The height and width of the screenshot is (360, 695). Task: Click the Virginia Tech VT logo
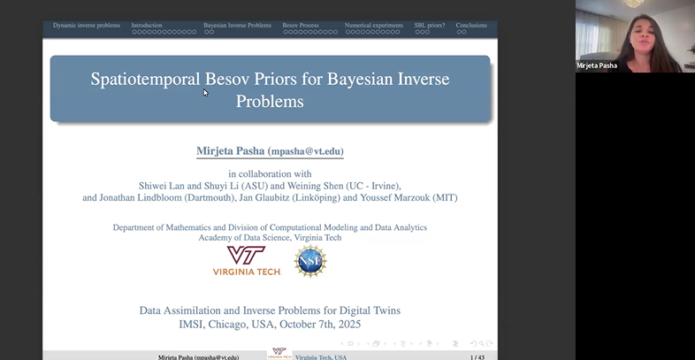[247, 257]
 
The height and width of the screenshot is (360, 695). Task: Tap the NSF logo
[310, 261]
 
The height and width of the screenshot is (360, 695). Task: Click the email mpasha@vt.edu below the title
[306, 152]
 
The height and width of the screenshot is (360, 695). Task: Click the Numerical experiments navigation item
[373, 26]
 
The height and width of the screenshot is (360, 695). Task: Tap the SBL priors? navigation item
[430, 26]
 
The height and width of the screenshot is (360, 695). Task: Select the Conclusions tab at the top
[471, 26]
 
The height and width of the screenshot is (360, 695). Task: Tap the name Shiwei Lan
[160, 185]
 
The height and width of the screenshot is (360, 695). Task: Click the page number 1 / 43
[477, 356]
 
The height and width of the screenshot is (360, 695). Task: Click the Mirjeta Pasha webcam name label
[598, 65]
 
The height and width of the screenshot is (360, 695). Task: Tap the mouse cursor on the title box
[205, 91]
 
